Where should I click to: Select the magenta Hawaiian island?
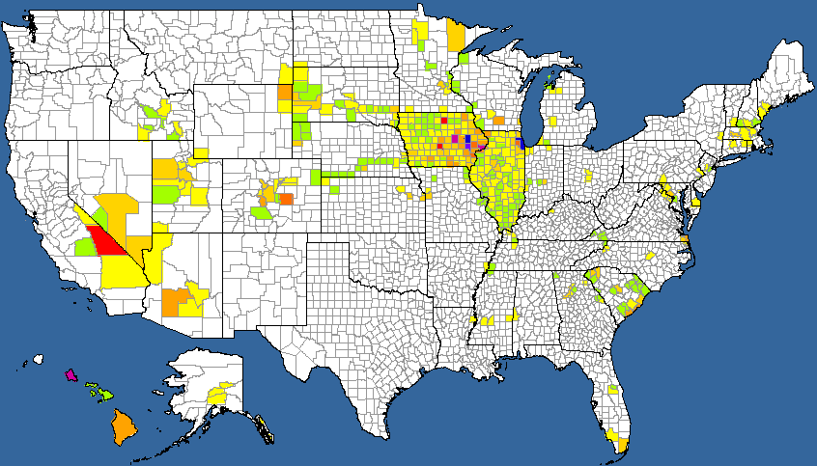(x=70, y=374)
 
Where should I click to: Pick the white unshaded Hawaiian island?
(x=39, y=360)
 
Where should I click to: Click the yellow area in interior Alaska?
(x=219, y=396)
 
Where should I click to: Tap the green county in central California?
(x=85, y=247)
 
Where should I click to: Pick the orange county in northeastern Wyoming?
(x=285, y=93)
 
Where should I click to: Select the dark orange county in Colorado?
(x=285, y=199)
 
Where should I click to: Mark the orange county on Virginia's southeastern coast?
(x=684, y=241)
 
